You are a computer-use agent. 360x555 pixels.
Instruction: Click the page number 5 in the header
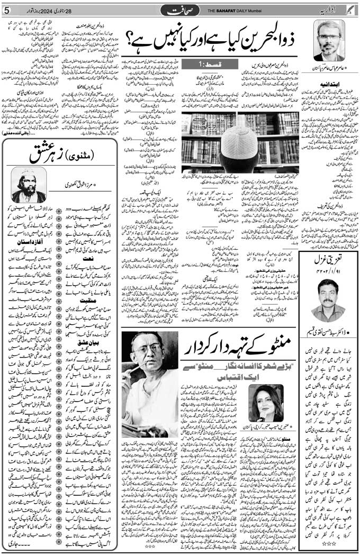pyautogui.click(x=6, y=11)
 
